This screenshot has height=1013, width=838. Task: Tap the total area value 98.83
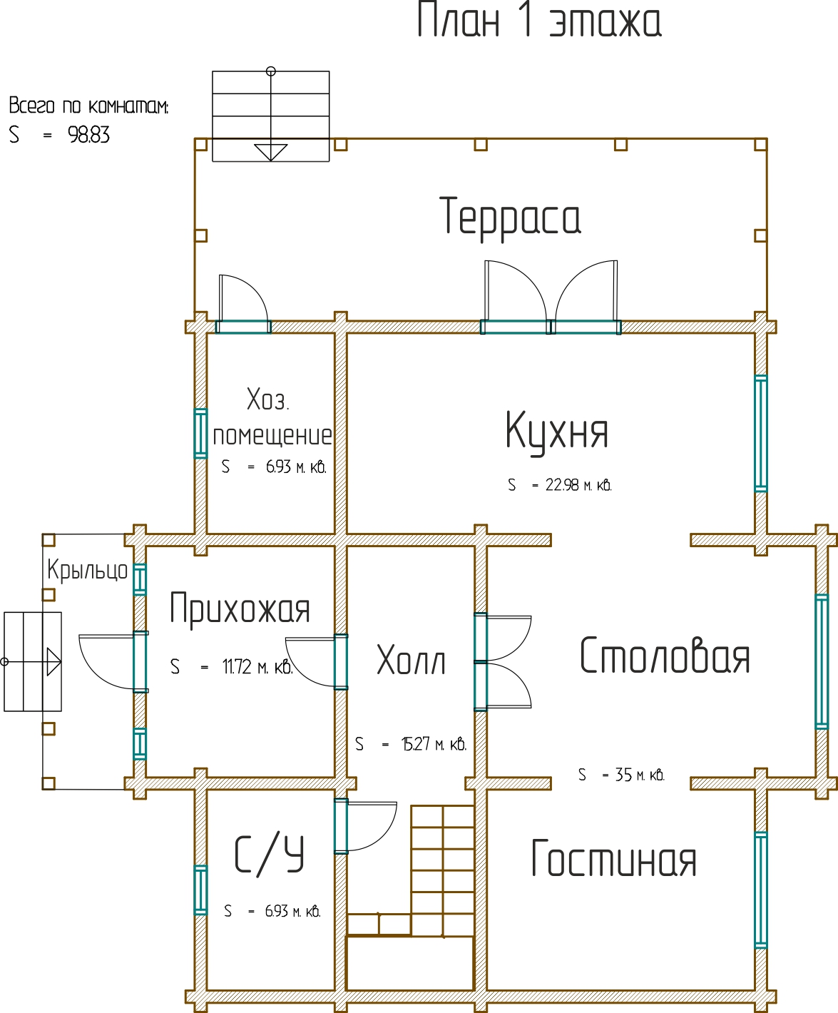click(89, 135)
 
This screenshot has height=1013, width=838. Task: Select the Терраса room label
click(511, 217)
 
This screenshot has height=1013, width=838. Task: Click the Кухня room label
click(557, 431)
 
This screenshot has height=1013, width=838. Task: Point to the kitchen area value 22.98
click(562, 485)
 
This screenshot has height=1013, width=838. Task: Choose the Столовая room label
click(665, 656)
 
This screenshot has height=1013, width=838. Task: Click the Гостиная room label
click(614, 859)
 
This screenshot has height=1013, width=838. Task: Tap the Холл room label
click(411, 661)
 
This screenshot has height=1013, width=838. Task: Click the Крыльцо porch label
click(87, 570)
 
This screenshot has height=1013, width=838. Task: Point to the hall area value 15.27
click(417, 745)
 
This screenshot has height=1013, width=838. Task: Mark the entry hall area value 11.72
click(237, 667)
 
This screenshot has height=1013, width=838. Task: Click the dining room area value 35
click(623, 775)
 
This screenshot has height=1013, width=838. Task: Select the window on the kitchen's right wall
click(761, 433)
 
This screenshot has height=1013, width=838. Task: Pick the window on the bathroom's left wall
click(201, 890)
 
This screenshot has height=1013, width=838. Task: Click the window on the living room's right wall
click(761, 890)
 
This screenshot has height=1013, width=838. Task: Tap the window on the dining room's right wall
click(822, 661)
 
